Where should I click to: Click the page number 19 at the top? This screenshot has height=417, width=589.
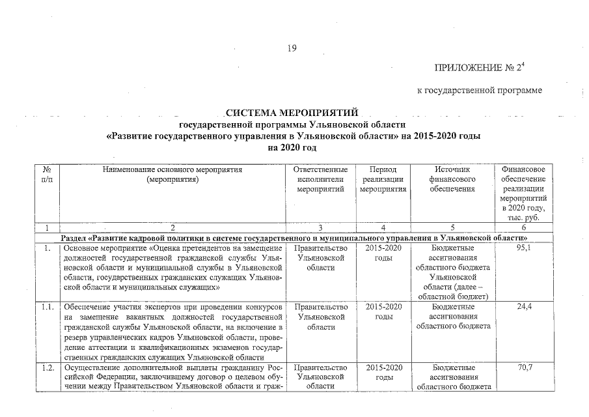291,47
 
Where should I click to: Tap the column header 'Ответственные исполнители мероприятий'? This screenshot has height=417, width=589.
320,179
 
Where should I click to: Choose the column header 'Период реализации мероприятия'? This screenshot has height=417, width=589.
383,179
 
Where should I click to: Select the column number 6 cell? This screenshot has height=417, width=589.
523,227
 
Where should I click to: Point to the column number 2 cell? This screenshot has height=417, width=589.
172,227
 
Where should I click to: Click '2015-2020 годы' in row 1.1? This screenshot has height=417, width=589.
383,311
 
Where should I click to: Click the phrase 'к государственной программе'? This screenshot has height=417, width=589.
479,90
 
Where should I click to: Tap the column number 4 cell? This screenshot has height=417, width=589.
383,227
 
